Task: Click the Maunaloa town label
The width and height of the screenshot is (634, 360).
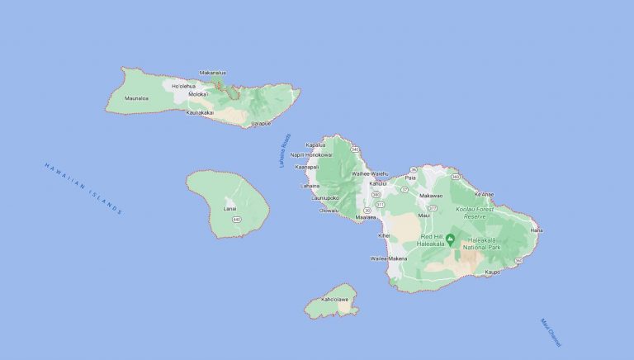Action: click(136, 98)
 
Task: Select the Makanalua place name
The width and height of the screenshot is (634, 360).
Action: click(213, 73)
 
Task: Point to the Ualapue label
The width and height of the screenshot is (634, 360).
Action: click(260, 123)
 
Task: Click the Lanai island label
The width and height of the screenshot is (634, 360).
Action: click(230, 208)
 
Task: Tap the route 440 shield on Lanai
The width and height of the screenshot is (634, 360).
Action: click(236, 220)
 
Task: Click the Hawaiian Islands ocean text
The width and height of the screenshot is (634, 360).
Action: click(83, 189)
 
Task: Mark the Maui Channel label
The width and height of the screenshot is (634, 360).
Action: click(550, 332)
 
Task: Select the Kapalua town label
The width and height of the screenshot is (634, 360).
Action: click(327, 145)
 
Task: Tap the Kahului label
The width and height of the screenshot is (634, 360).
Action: click(378, 183)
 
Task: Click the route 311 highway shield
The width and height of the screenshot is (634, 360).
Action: click(380, 204)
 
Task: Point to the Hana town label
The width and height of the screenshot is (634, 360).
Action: click(536, 230)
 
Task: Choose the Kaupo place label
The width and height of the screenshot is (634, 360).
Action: click(494, 272)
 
